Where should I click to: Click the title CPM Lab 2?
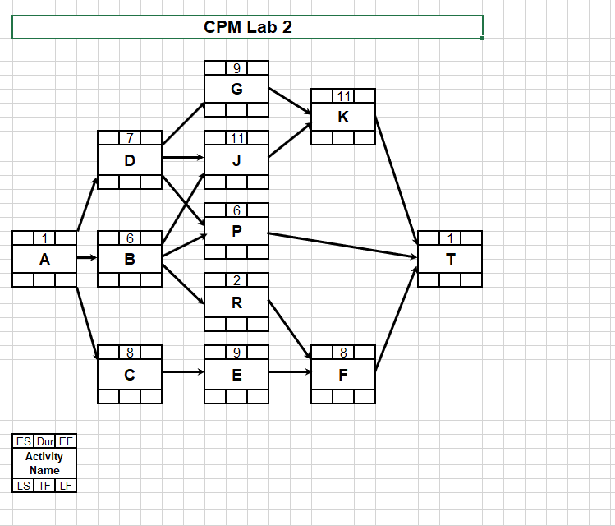click(x=247, y=27)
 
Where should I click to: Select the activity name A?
click(x=44, y=259)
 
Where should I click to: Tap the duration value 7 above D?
click(x=130, y=138)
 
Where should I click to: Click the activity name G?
click(x=236, y=89)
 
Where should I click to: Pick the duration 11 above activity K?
click(x=343, y=96)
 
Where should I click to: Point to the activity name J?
click(x=236, y=160)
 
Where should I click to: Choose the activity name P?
click(x=236, y=231)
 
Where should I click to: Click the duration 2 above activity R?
click(x=236, y=280)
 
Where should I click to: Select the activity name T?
click(x=450, y=259)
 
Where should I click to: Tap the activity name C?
click(x=130, y=373)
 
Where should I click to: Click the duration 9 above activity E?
click(x=236, y=353)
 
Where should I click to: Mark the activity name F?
click(x=343, y=373)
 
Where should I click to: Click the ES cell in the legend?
click(x=24, y=441)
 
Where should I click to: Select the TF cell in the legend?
click(x=44, y=486)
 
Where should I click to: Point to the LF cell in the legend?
click(x=66, y=486)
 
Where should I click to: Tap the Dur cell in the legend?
click(x=44, y=441)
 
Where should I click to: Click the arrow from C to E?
click(x=183, y=372)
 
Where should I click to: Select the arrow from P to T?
click(x=343, y=246)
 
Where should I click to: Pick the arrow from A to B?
click(x=87, y=258)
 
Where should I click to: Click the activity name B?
click(x=130, y=259)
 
